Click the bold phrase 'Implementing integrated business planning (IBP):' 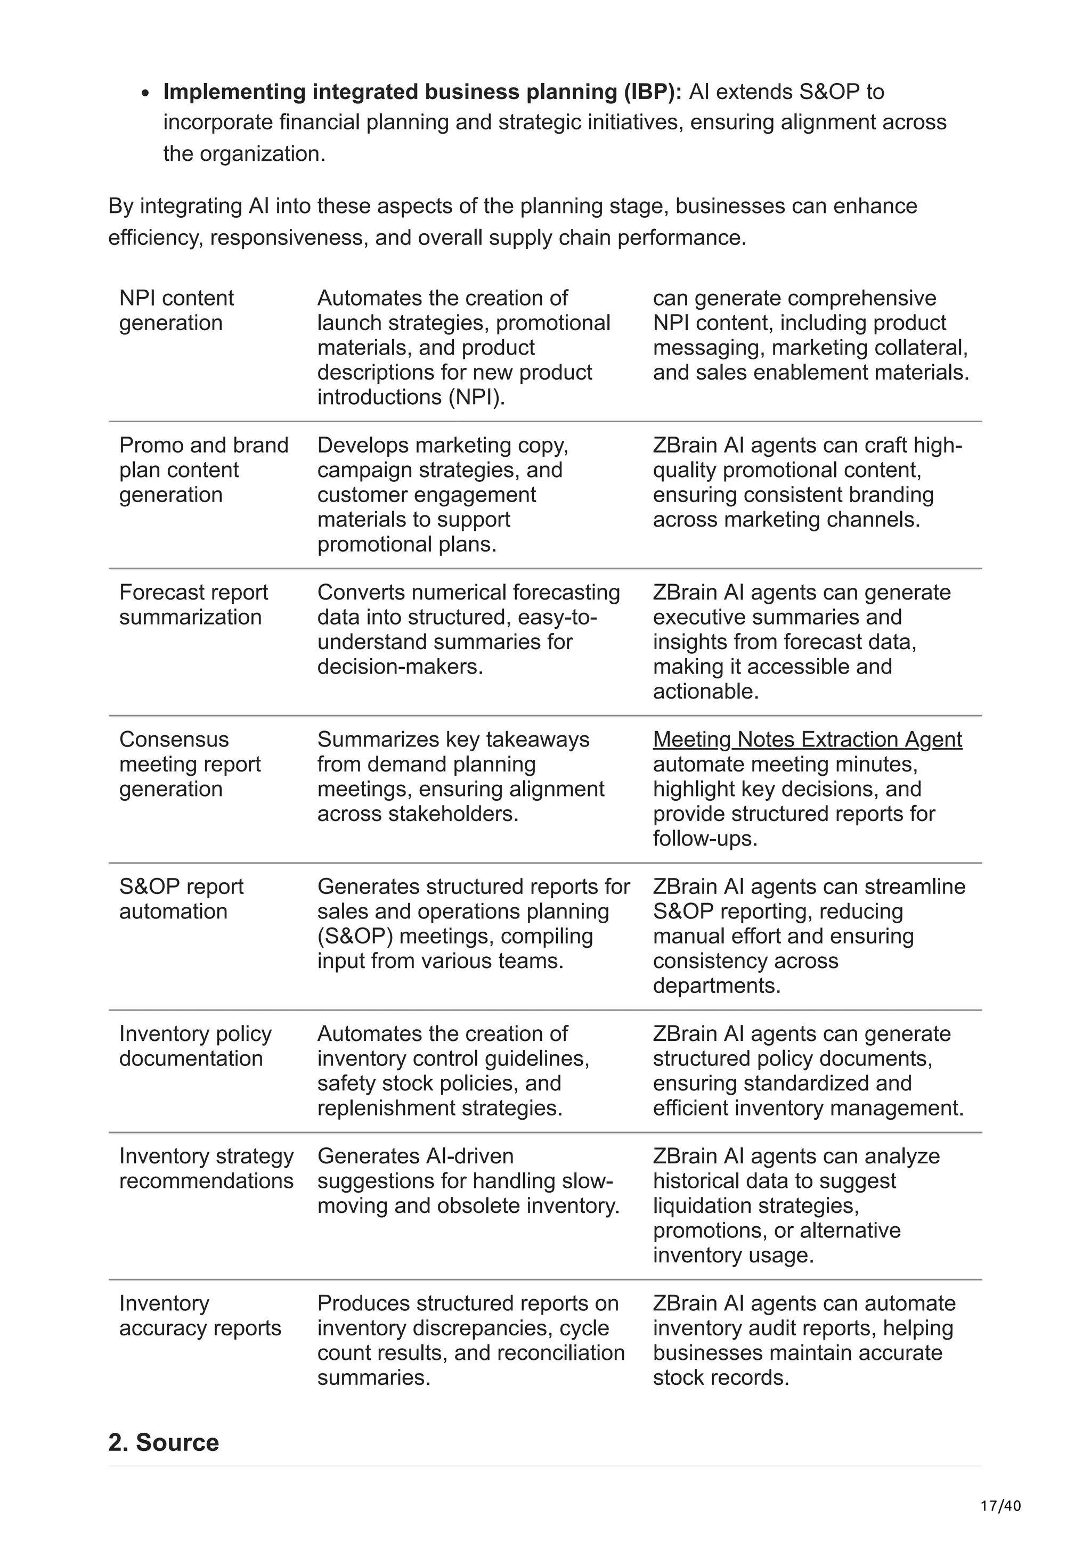click(x=422, y=92)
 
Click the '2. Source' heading click(x=164, y=1443)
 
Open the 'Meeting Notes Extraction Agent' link click(x=807, y=739)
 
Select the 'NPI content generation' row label click(x=176, y=310)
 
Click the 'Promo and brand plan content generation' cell click(x=203, y=470)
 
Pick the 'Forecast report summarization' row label click(x=193, y=605)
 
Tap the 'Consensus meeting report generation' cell click(x=190, y=764)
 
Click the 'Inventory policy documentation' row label click(x=195, y=1046)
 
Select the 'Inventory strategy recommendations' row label click(x=206, y=1169)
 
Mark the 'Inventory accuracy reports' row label click(x=200, y=1316)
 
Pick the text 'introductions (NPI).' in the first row click(x=411, y=397)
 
